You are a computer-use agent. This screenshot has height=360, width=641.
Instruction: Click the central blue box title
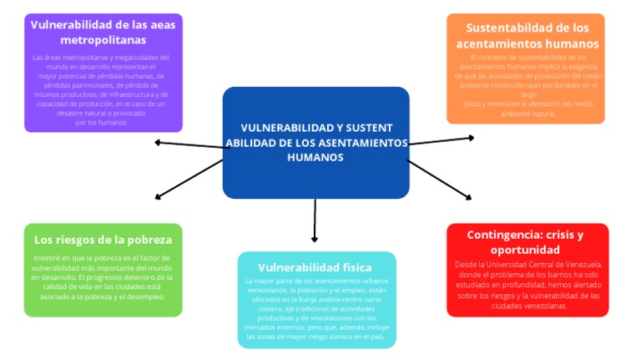coord(315,142)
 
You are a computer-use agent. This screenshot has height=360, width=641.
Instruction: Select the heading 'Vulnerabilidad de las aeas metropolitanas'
coord(103,32)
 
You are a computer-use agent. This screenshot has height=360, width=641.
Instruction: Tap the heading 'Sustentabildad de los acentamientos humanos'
coord(527,35)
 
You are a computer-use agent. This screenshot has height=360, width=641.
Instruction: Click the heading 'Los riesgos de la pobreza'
coord(103,239)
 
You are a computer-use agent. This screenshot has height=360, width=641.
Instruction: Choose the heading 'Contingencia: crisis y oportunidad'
coord(525,242)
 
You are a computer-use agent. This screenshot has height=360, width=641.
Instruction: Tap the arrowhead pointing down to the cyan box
coord(315,239)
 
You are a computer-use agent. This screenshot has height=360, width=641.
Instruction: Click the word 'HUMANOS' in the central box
coord(315,157)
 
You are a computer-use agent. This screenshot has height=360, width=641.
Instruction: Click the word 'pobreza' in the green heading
coord(151,239)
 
